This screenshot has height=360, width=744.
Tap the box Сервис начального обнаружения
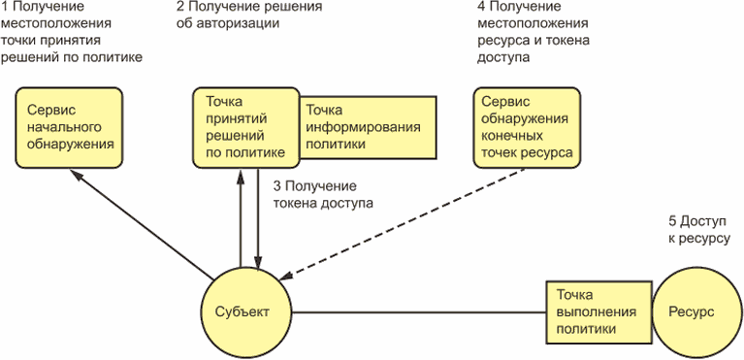tap(69, 127)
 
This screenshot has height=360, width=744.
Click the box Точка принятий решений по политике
tap(246, 127)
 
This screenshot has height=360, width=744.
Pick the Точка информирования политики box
tap(369, 128)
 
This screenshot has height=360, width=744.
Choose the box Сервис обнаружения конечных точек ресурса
tap(527, 127)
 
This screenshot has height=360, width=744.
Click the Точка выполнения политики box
tap(598, 312)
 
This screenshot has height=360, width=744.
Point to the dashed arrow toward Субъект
tap(404, 223)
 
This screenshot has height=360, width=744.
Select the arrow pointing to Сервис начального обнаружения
tap(142, 224)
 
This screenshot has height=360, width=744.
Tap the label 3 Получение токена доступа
tap(323, 195)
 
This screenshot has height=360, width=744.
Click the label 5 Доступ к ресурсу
tap(698, 230)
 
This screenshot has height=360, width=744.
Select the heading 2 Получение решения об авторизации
tap(249, 15)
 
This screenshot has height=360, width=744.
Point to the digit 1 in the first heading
tap(4, 7)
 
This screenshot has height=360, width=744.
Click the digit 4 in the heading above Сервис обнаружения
tap(482, 7)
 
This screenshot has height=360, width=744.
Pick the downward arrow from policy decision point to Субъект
tap(258, 218)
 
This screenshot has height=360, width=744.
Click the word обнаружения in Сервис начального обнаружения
tap(71, 145)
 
